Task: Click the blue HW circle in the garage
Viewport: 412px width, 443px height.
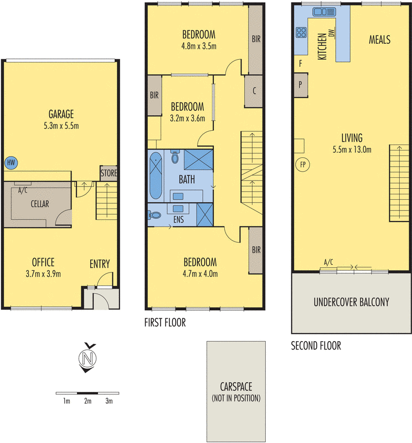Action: (11, 163)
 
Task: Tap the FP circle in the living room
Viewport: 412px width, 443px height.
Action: (302, 164)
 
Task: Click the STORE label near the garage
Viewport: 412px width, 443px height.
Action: (109, 173)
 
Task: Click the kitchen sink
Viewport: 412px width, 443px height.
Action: (321, 12)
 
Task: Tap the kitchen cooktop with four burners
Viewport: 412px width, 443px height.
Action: (302, 32)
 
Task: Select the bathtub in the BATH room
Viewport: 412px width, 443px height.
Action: (156, 176)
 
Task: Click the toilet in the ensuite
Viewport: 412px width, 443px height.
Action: (156, 214)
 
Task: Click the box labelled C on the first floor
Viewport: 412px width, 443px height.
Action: (253, 90)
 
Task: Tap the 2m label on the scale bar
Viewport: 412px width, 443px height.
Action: (87, 401)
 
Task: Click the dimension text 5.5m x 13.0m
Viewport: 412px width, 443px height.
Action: (352, 149)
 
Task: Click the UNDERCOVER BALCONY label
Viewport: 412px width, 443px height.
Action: (352, 302)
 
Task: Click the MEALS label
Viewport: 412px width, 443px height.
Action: (380, 39)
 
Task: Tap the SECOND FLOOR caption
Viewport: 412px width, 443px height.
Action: (316, 346)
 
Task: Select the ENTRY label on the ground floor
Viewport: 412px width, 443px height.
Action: (100, 264)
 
